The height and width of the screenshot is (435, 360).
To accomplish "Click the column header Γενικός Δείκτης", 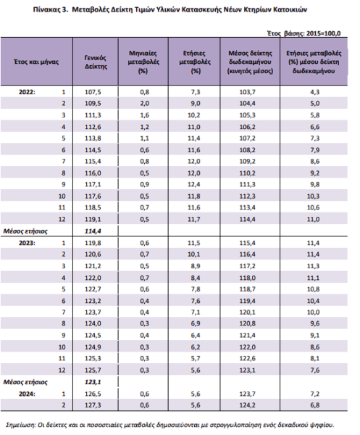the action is (x=96, y=62).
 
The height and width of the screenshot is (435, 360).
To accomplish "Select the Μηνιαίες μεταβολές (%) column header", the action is (x=143, y=62).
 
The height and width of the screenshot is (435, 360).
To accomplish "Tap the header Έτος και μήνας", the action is (x=36, y=62).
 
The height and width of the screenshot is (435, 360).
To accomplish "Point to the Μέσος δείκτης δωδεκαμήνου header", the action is (x=250, y=62).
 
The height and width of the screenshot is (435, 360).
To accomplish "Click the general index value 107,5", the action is (x=93, y=92).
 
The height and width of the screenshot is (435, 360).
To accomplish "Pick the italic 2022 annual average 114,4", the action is (x=93, y=231).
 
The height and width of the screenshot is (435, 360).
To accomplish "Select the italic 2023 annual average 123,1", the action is (x=93, y=382).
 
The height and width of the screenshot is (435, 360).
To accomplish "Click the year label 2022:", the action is (x=27, y=92).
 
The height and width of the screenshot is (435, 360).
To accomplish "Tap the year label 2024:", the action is (x=27, y=394).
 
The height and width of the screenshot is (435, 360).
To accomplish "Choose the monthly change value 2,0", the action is (x=144, y=104).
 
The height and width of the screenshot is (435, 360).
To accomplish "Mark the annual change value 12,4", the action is (x=193, y=184).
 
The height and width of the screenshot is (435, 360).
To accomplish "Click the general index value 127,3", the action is (x=93, y=405).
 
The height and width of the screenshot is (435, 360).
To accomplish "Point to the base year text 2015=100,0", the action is (x=323, y=33).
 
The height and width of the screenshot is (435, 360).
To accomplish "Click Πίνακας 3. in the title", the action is (x=51, y=9).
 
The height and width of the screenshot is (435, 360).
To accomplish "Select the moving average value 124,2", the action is (x=248, y=405).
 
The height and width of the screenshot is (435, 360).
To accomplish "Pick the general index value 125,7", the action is (x=93, y=370).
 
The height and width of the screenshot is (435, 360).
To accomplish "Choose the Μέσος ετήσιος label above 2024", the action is (x=25, y=382).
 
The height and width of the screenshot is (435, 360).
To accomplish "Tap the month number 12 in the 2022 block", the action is (x=62, y=220).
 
